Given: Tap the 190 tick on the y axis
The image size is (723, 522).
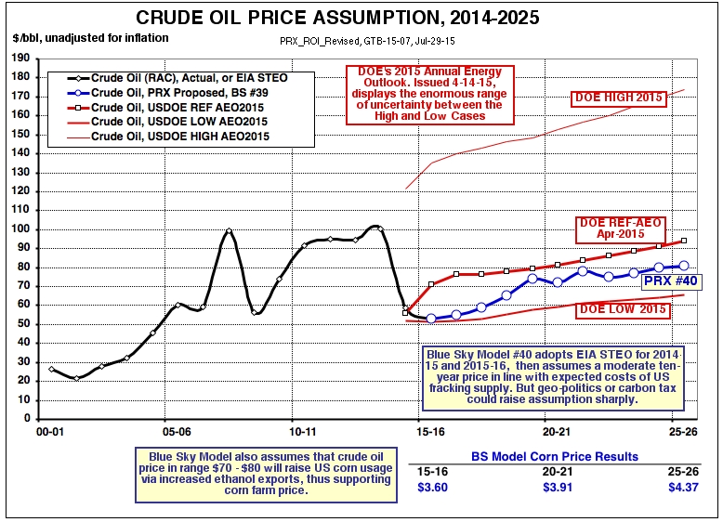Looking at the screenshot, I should [x=19, y=58].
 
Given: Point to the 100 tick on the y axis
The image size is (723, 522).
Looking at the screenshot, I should [x=19, y=228].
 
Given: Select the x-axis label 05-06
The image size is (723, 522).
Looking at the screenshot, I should [x=177, y=432].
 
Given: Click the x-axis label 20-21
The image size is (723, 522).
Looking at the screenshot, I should [x=555, y=432].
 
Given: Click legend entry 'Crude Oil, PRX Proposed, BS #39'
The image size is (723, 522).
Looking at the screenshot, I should [x=168, y=95].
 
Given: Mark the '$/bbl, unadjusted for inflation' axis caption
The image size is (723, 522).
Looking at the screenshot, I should [x=90, y=37].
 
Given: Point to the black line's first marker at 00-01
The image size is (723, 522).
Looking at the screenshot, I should [x=51, y=369].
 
